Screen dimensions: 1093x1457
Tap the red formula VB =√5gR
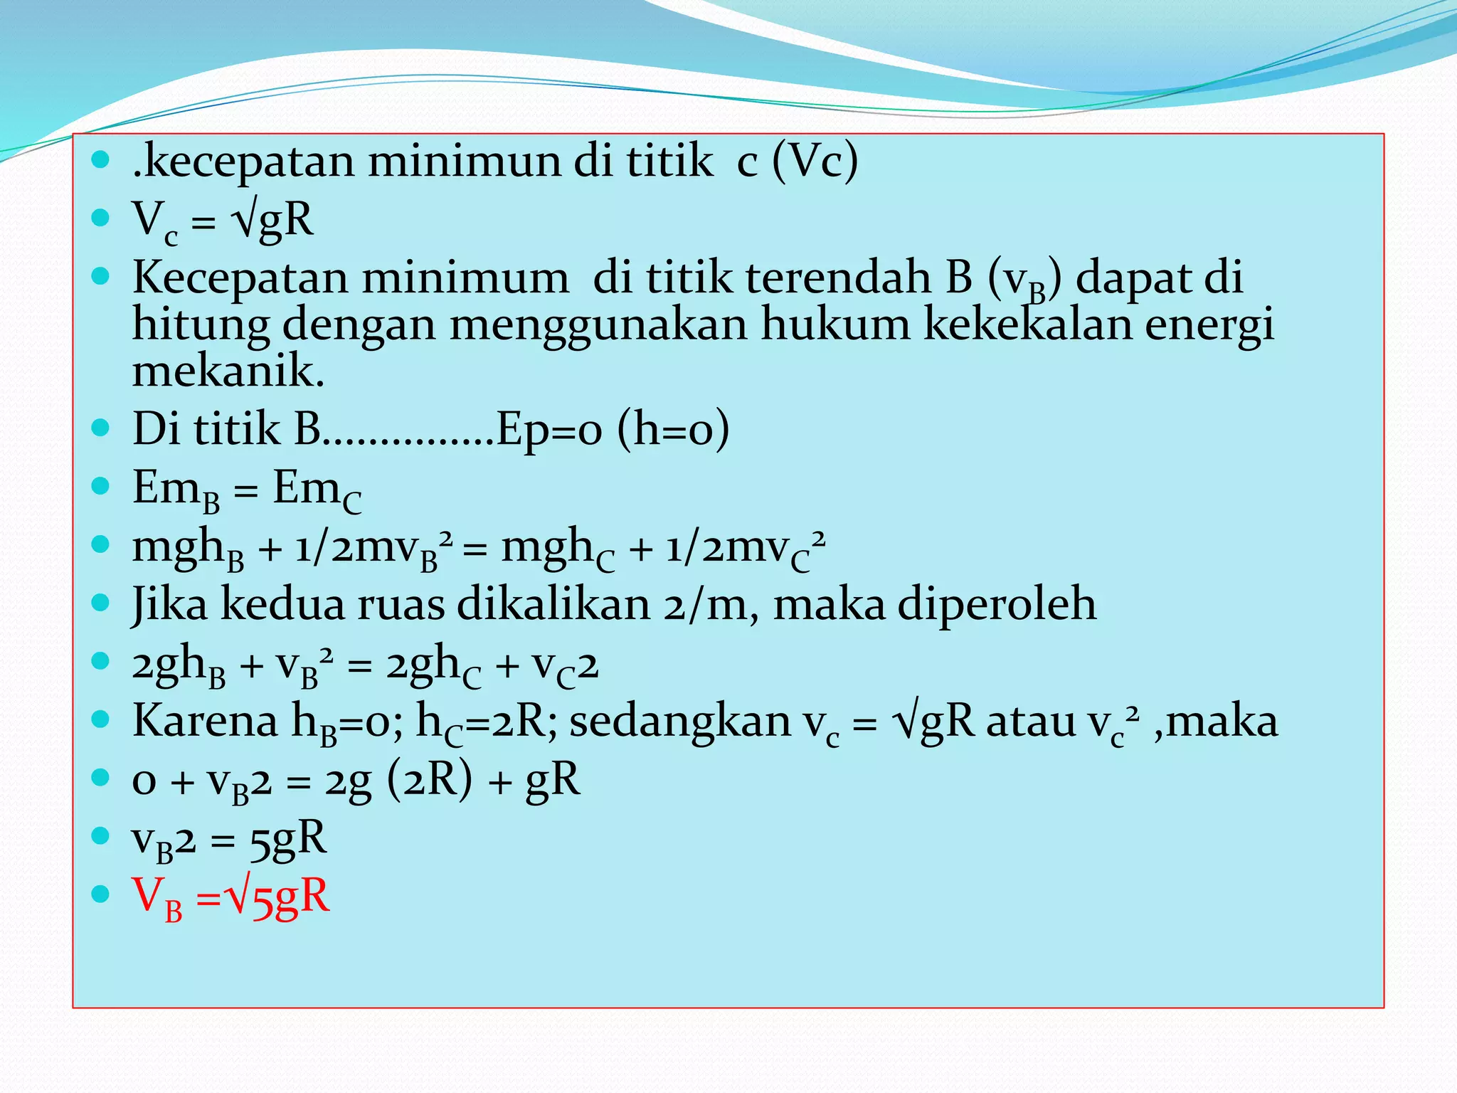click(x=231, y=897)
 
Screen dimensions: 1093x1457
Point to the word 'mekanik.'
click(x=228, y=371)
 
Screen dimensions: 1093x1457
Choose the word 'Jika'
click(x=169, y=606)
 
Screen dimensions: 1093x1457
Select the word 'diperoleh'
click(x=996, y=606)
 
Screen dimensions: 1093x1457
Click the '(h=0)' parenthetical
click(x=673, y=430)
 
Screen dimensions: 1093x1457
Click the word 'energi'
click(x=1209, y=326)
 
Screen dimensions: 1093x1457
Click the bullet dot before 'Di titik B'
click(x=101, y=428)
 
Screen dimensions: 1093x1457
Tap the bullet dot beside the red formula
click(x=101, y=894)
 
